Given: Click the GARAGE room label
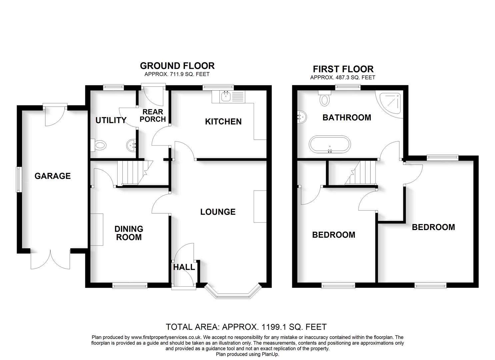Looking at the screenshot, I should tap(53, 176).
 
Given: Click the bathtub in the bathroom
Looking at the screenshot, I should tap(330, 144).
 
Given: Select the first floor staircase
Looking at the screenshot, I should tap(361, 173).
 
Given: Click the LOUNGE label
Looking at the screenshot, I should tap(218, 212).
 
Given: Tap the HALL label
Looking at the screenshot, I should tap(184, 267).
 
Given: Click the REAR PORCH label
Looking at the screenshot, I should tap(153, 115).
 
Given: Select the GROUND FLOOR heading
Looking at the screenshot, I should tap(177, 66).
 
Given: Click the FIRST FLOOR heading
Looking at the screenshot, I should tap(343, 69).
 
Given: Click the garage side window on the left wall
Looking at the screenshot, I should tap(19, 179).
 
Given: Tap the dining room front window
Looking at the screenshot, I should tap(130, 285).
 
